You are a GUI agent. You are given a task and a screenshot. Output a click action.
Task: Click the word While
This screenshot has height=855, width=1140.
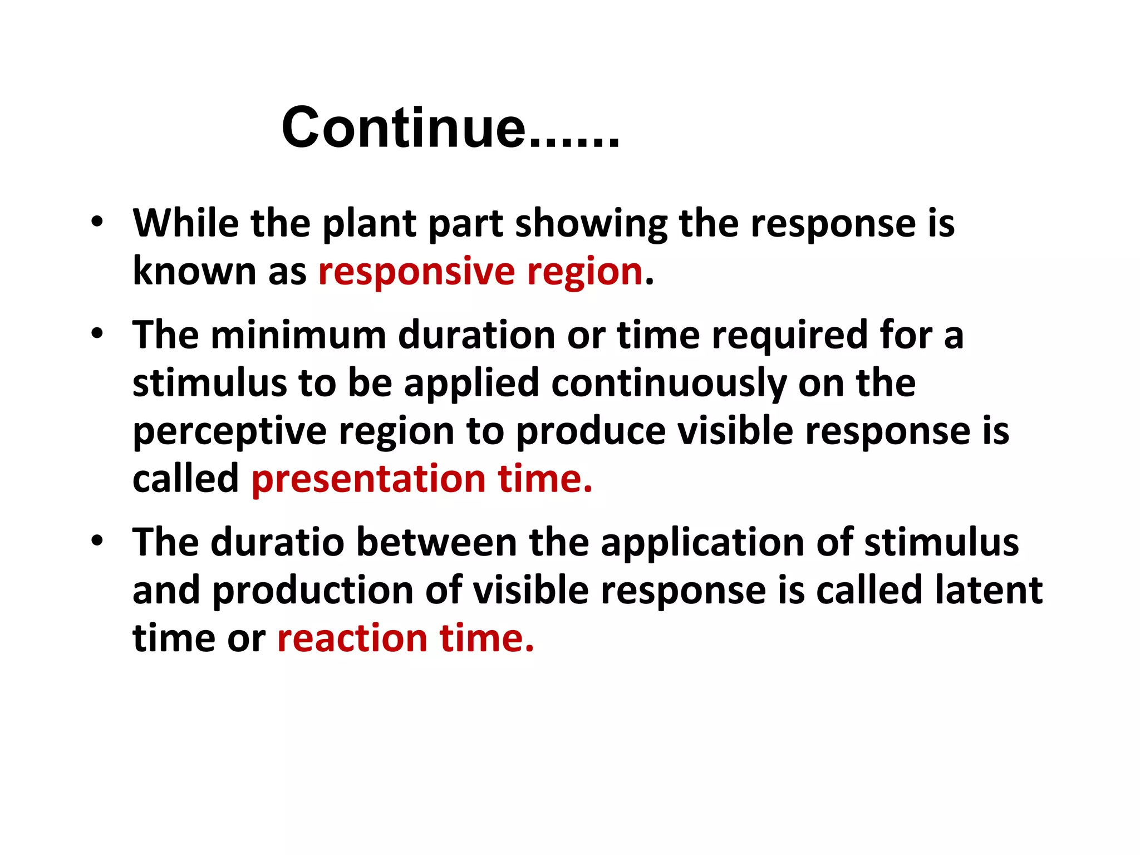(x=186, y=223)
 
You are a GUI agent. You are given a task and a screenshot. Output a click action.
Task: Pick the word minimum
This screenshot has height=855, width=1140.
(x=298, y=335)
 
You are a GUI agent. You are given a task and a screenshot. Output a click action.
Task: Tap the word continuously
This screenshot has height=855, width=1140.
(x=669, y=384)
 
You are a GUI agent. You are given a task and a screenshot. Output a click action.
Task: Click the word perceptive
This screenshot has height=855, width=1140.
(x=229, y=432)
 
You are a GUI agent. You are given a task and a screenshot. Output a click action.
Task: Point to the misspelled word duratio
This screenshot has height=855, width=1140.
(x=278, y=542)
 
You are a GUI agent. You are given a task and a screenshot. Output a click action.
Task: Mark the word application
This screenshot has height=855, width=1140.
(x=702, y=543)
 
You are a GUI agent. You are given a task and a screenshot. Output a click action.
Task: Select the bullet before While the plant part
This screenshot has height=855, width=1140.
(x=97, y=222)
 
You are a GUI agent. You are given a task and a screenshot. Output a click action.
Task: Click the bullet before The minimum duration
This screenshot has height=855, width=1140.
(x=97, y=334)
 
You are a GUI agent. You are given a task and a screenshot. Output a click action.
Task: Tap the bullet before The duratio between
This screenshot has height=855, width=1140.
(x=97, y=541)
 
